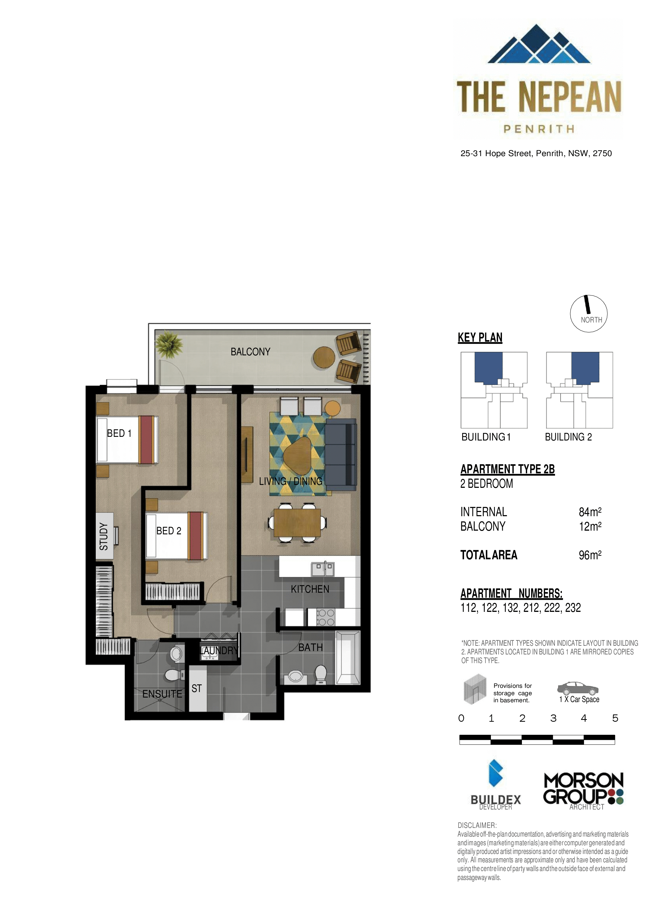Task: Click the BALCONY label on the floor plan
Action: pyautogui.click(x=250, y=352)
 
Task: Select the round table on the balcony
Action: pyautogui.click(x=324, y=357)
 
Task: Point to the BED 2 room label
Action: pyautogui.click(x=169, y=531)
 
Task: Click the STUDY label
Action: pyautogui.click(x=104, y=536)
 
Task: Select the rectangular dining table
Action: pyautogui.click(x=297, y=523)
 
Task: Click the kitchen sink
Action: pyautogui.click(x=323, y=568)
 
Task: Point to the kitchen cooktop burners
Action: pyautogui.click(x=326, y=617)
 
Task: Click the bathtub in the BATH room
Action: pyautogui.click(x=348, y=657)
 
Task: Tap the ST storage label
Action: pyautogui.click(x=196, y=688)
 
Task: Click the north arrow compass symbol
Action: pyautogui.click(x=589, y=313)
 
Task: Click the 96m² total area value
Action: pyautogui.click(x=590, y=555)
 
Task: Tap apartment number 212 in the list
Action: pyautogui.click(x=531, y=608)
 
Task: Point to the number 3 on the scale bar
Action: pyautogui.click(x=553, y=718)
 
